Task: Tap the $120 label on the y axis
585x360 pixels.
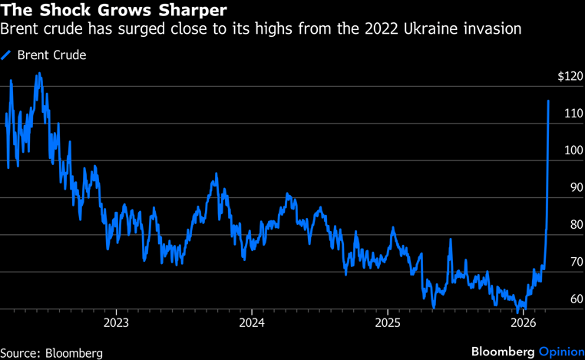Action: coord(571,77)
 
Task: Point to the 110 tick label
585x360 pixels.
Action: coord(573,114)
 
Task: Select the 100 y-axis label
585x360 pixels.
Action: coord(573,150)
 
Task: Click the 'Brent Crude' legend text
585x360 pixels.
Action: coord(51,55)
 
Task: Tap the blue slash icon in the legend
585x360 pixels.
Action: coord(7,55)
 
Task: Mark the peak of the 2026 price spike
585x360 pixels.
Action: coord(548,101)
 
